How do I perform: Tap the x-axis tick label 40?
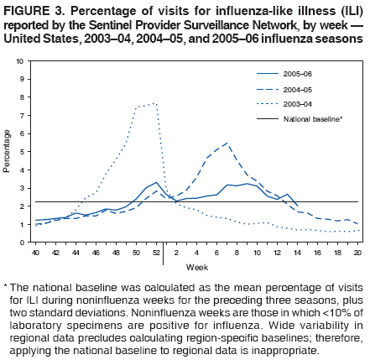pyautogui.click(x=35, y=252)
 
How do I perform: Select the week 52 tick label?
pyautogui.click(x=156, y=252)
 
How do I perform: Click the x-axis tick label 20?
pyautogui.click(x=358, y=252)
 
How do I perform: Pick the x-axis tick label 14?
pyautogui.click(x=298, y=252)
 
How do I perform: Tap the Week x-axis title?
pyautogui.click(x=196, y=267)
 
